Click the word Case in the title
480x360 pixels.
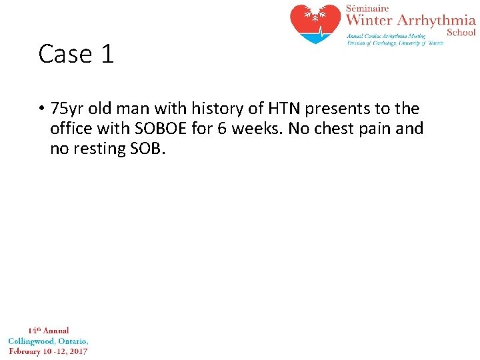(61, 54)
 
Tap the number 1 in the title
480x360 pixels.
(107, 54)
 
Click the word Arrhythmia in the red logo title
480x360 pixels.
(437, 21)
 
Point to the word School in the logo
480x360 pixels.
(461, 32)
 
